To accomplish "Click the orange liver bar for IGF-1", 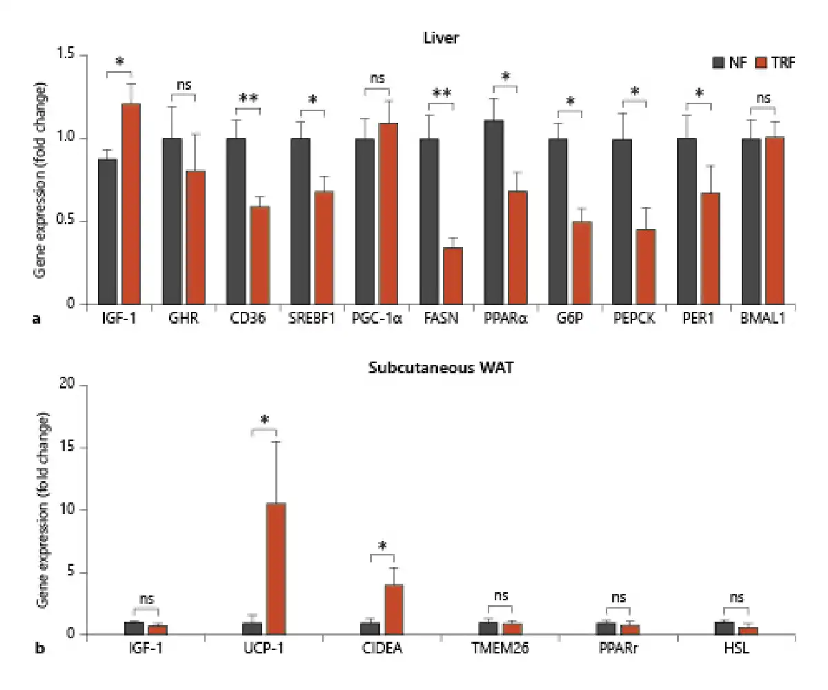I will pyautogui.click(x=131, y=204).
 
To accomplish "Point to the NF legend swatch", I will pyautogui.click(x=717, y=63).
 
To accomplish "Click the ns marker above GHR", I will pyautogui.click(x=183, y=86).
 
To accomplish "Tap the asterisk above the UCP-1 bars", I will pyautogui.click(x=264, y=420).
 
